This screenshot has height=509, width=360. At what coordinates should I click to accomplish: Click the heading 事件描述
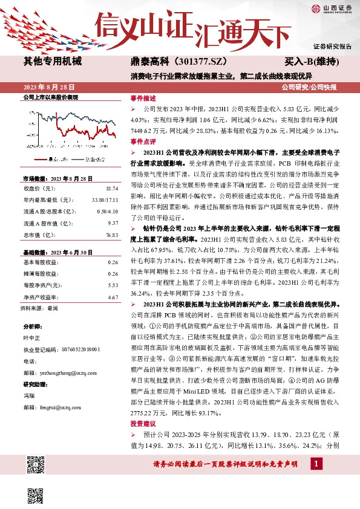pyautogui.click(x=143, y=97)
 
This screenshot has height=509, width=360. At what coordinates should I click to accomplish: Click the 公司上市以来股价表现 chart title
pyautogui.click(x=51, y=97)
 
